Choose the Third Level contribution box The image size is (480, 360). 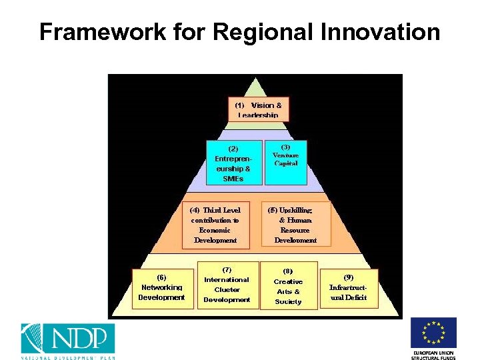215,225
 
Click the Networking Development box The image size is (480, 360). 161,287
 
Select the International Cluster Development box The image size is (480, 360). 227,285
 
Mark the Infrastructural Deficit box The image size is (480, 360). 349,287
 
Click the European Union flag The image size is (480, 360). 433,333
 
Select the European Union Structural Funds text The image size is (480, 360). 433,355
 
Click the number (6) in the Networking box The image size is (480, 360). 161,277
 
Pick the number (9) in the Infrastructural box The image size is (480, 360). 349,277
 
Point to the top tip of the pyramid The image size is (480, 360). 255,79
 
